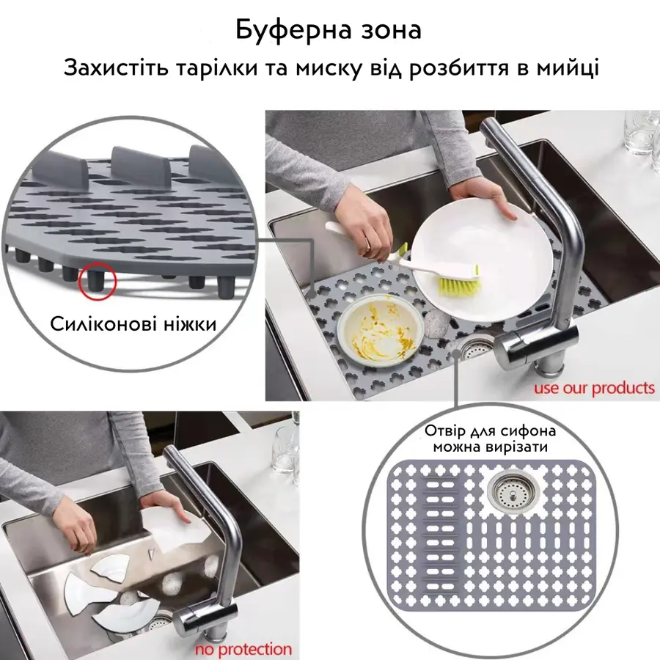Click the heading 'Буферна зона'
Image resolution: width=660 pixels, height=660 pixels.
click(329, 30)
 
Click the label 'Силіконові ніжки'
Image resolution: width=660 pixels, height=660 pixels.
click(133, 323)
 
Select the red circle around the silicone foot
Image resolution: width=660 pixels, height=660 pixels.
click(97, 282)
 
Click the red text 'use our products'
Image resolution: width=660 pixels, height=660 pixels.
click(593, 386)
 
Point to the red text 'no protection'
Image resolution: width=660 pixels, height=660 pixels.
click(243, 648)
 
